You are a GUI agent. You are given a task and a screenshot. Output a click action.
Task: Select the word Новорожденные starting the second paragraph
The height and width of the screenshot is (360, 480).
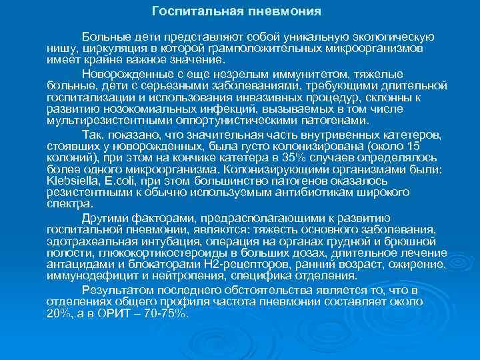tap(123, 75)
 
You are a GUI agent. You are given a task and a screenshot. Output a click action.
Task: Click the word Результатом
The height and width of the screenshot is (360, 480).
tap(114, 291)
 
